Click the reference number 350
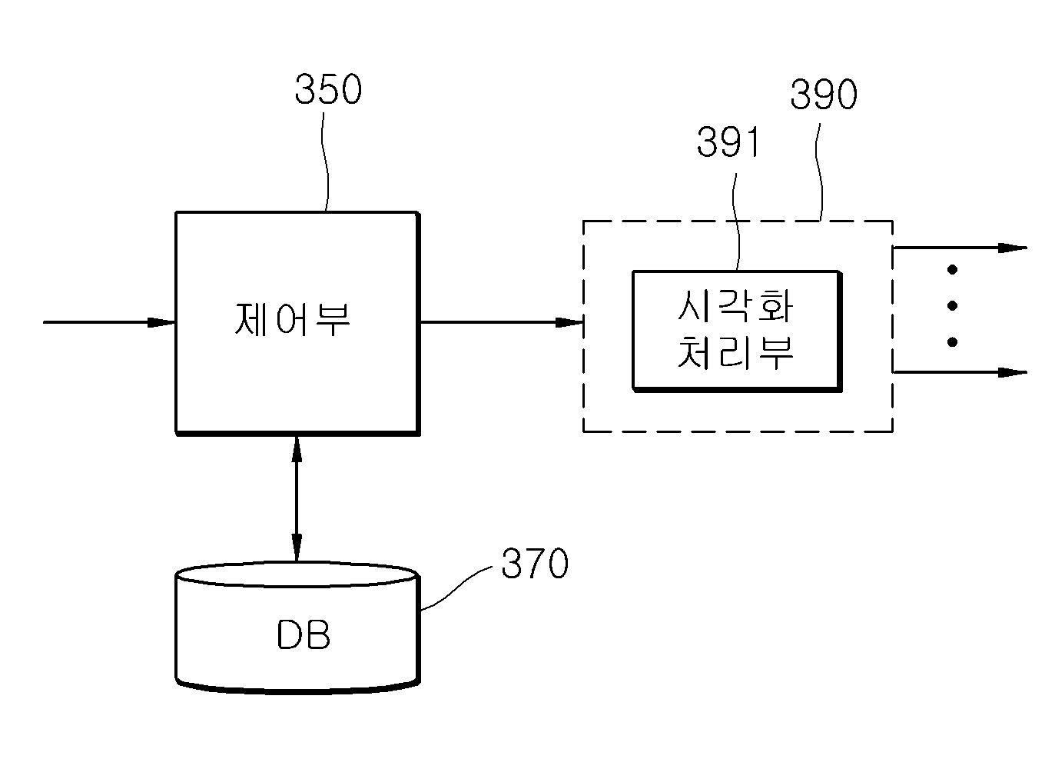(328, 89)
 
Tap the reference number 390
(824, 95)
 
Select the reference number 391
(728, 142)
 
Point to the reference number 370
(535, 563)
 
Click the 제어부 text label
(293, 320)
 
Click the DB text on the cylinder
(304, 634)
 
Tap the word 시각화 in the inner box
(735, 306)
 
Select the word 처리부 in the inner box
(735, 353)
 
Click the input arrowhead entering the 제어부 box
(161, 322)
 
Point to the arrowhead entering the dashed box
(569, 322)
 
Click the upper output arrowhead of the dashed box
(1013, 248)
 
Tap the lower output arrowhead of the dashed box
(1013, 372)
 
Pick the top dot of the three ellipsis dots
(952, 270)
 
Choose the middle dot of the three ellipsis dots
(952, 306)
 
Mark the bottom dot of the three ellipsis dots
(952, 342)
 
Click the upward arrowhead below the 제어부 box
(297, 449)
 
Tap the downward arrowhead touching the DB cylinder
(297, 548)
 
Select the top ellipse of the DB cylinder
(297, 574)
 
